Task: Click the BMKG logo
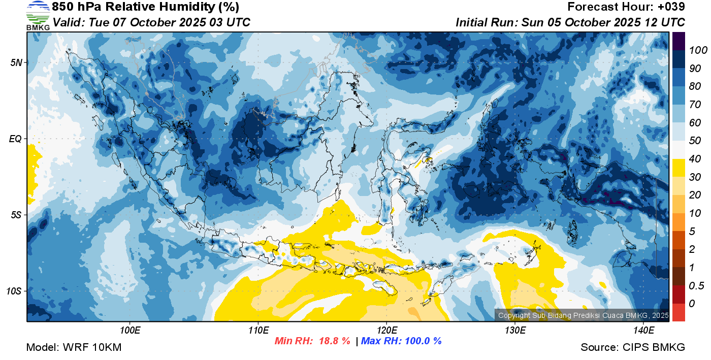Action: coord(38,16)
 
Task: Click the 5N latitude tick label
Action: coord(16,62)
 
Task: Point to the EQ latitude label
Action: coord(15,139)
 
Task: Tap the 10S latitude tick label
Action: coord(14,291)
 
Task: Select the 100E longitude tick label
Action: coord(130,331)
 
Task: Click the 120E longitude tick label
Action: coord(387,331)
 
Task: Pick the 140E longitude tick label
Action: coord(643,331)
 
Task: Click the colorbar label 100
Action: coord(698,50)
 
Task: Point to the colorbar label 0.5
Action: coord(696,286)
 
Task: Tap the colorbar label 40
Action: coord(695,159)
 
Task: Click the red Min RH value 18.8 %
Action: coord(335,341)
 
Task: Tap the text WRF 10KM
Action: coord(92,347)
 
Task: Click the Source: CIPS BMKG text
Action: coord(633,347)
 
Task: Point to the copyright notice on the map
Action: coord(584,315)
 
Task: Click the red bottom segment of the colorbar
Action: coord(678,312)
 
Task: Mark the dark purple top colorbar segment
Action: coord(678,41)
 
